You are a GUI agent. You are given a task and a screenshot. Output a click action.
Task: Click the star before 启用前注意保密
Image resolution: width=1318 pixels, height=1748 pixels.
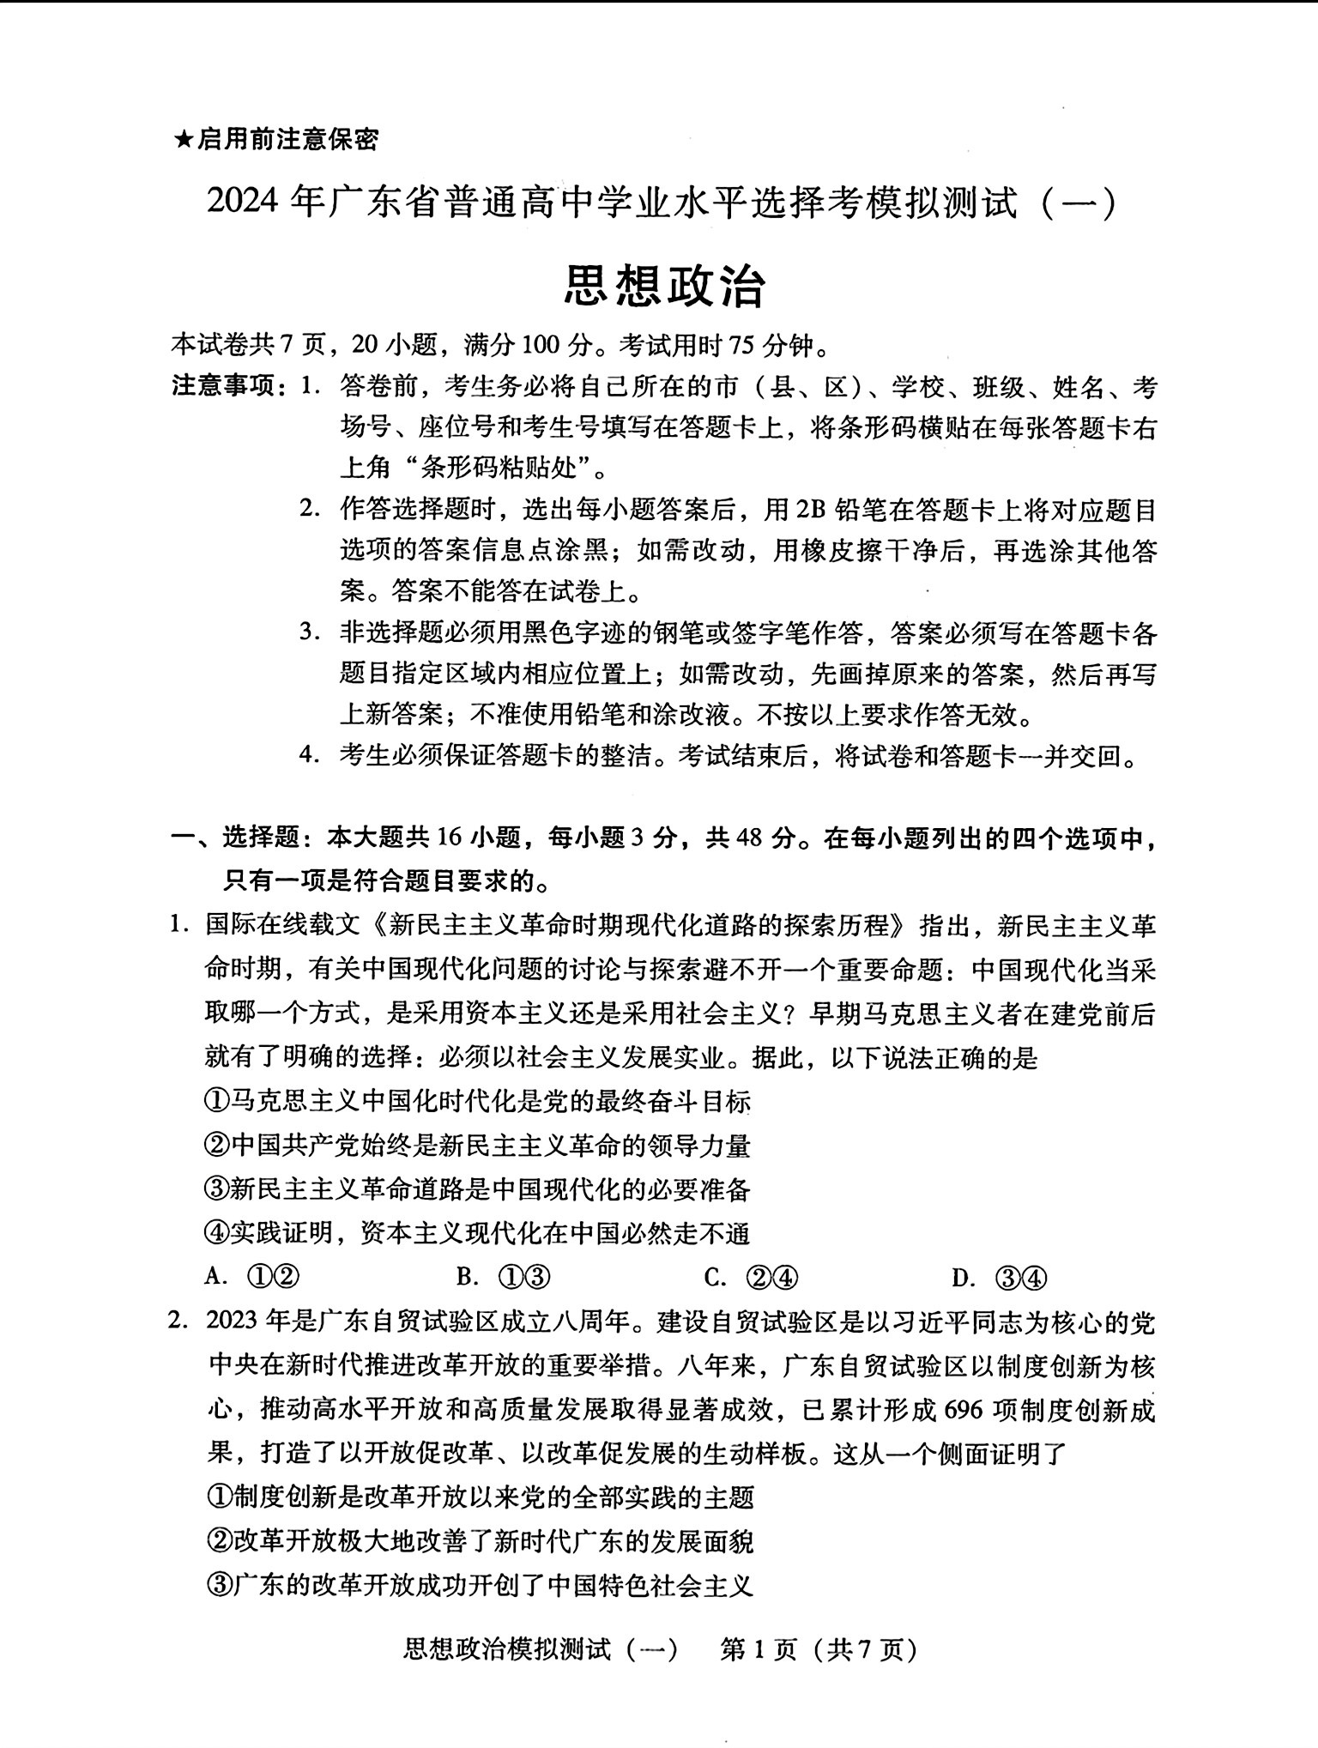coord(183,139)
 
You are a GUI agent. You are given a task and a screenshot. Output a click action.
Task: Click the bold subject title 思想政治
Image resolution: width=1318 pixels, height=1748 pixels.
coord(664,287)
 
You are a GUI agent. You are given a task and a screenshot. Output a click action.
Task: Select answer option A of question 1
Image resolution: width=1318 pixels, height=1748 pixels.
coord(252,1278)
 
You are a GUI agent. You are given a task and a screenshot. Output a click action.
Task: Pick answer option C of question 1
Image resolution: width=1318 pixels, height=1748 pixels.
coord(751,1278)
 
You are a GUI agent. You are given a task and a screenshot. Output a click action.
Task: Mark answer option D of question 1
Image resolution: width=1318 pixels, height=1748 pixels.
coord(1000,1278)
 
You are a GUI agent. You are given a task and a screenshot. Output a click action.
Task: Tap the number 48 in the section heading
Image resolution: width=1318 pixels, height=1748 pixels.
coord(746,838)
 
